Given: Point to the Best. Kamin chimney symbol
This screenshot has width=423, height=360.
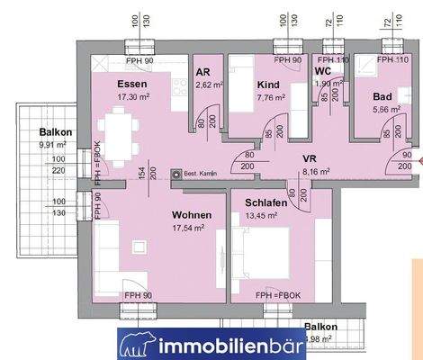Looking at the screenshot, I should pos(176,174).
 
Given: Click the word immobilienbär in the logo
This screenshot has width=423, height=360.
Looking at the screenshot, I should pos(235,343).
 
